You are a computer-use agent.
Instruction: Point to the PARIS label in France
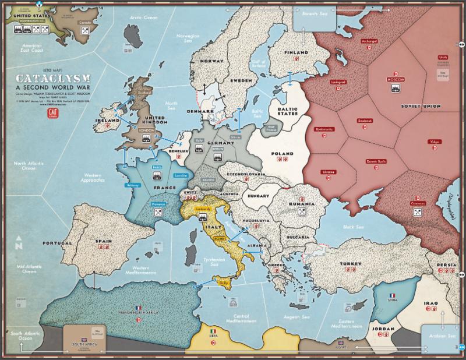tap(157, 167)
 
